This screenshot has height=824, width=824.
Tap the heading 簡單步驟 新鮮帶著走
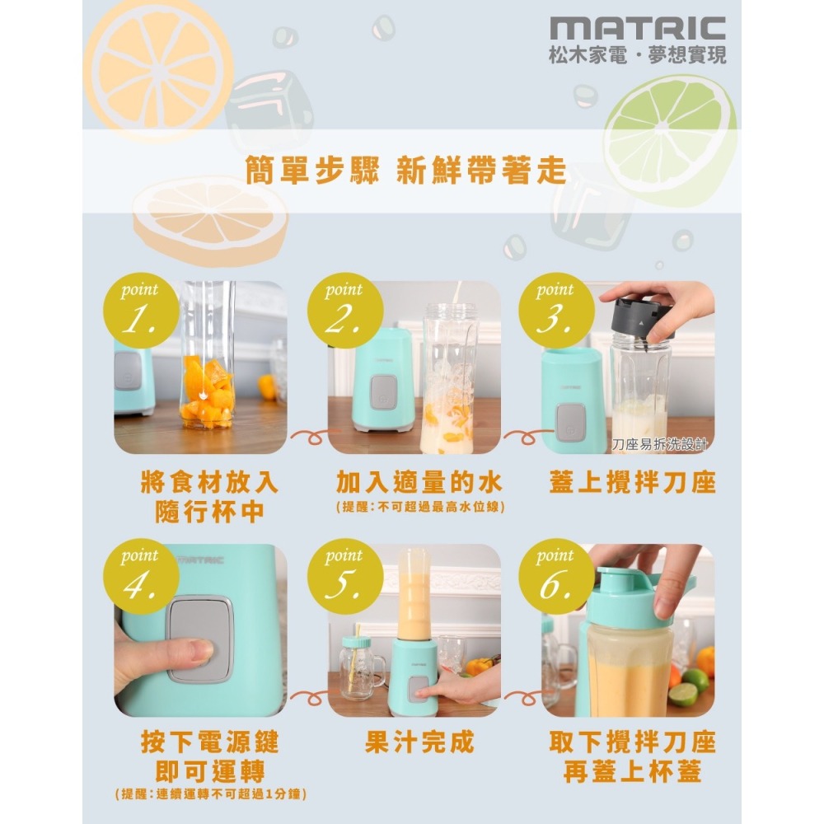pos(406,171)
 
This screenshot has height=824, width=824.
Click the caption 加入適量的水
pos(419,482)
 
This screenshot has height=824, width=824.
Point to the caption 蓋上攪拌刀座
pos(632,482)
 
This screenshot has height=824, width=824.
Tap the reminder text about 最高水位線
pos(419,508)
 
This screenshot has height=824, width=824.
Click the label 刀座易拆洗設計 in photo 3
pos(660,446)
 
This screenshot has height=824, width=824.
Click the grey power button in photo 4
pos(199,639)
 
